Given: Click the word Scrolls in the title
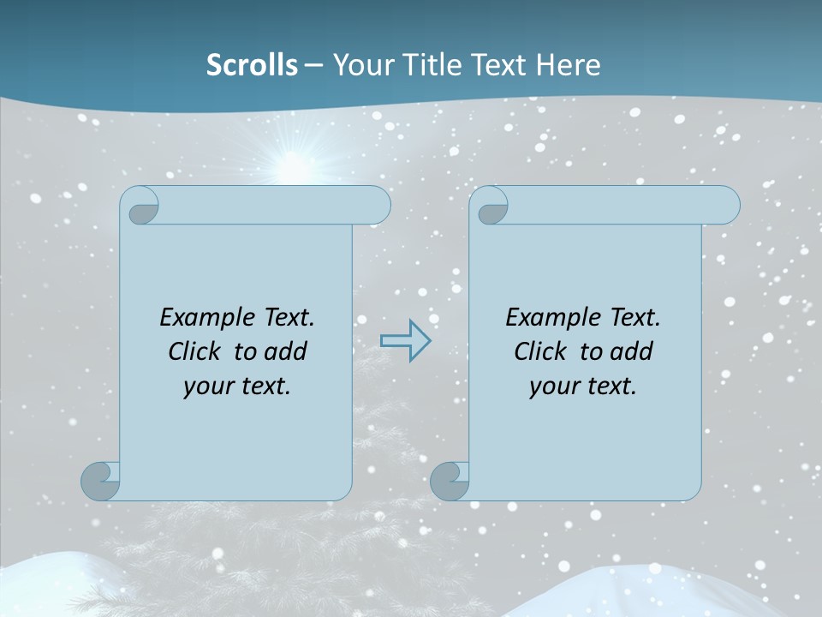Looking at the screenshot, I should tap(252, 65).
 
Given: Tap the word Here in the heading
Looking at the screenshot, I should tap(569, 65).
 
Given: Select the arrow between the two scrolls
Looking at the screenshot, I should tap(405, 341).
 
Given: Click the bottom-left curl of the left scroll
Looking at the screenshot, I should tap(100, 481).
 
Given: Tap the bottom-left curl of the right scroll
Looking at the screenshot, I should tap(450, 481).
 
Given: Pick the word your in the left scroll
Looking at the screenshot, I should tap(206, 386).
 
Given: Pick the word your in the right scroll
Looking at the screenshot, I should tap(552, 386).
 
